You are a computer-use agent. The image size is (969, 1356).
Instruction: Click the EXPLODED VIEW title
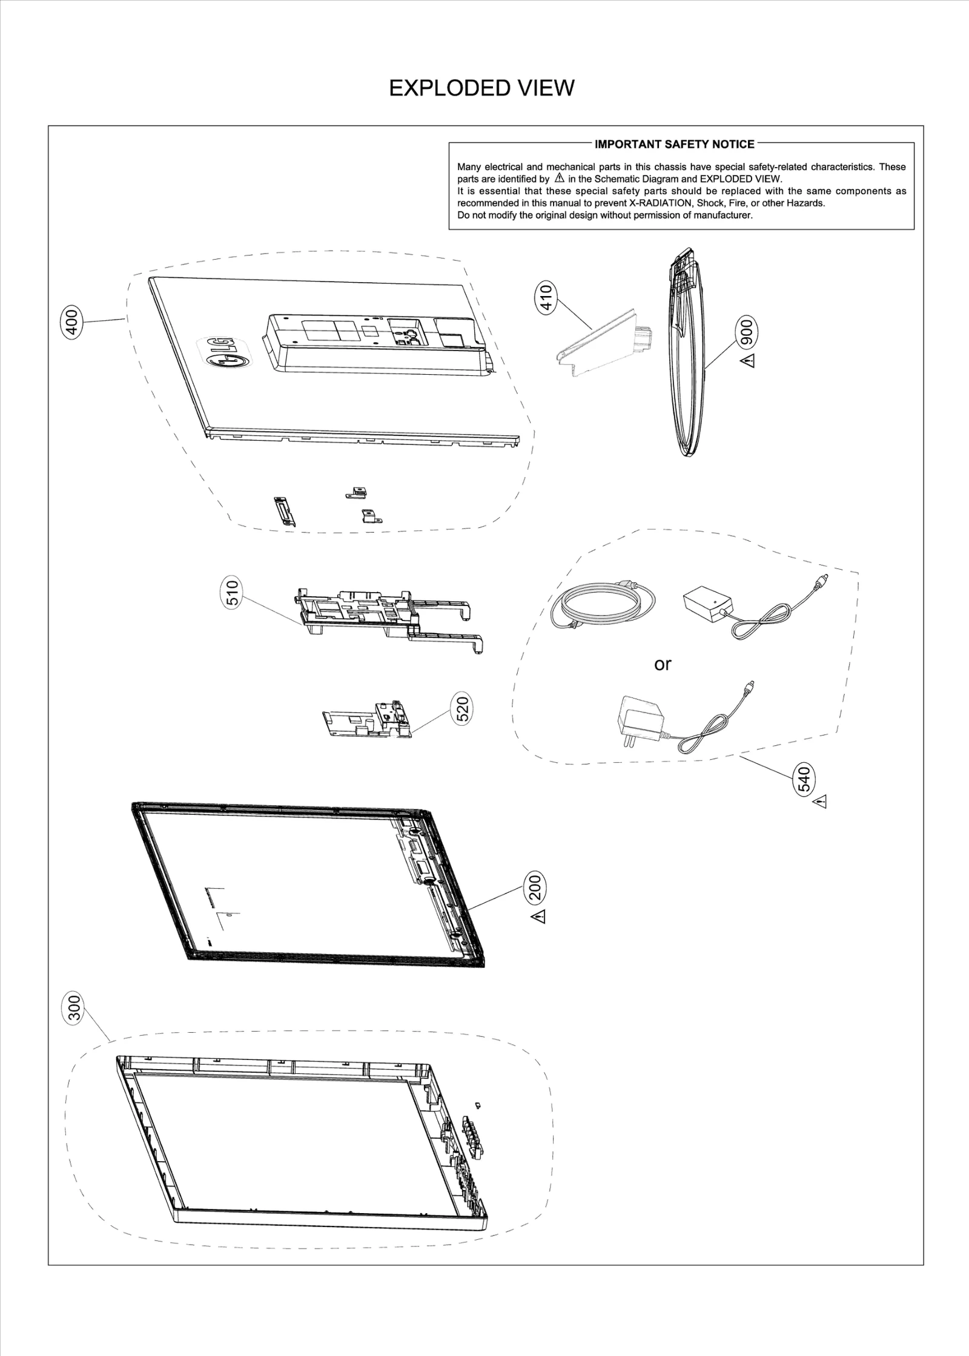click(481, 88)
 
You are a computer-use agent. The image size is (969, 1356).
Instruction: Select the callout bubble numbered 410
click(546, 297)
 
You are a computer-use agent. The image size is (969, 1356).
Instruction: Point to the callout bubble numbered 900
click(747, 332)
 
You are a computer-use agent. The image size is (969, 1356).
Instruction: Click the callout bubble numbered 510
click(234, 593)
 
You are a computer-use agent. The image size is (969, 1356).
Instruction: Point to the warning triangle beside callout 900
click(750, 362)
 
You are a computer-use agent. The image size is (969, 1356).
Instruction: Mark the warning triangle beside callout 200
click(540, 917)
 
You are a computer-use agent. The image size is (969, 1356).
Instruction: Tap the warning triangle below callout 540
click(821, 803)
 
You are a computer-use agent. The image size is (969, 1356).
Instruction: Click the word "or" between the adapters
click(663, 665)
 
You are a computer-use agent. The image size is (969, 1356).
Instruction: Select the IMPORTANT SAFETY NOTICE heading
click(674, 144)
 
